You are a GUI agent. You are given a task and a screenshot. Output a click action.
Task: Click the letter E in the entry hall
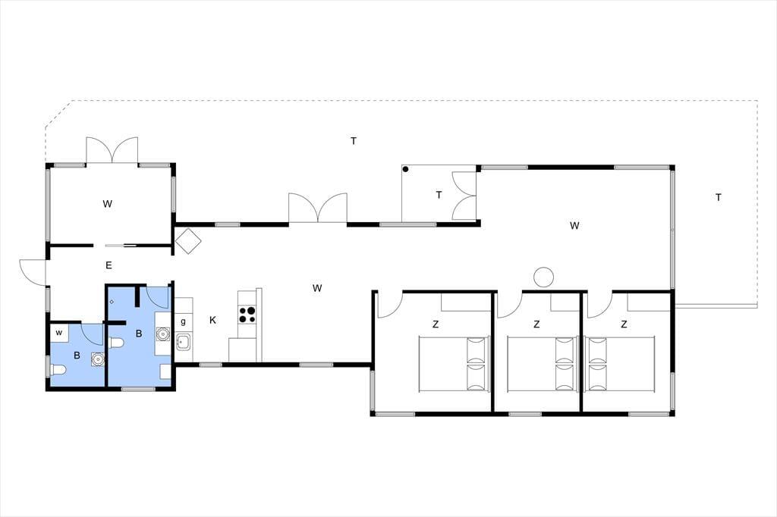[x=109, y=265]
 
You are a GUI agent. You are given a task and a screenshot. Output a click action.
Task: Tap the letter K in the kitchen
[x=212, y=321]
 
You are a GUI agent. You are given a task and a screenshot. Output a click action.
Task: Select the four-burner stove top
[x=247, y=315]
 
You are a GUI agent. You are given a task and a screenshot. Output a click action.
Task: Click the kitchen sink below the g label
[x=184, y=341]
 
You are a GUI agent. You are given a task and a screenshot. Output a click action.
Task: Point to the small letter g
[x=184, y=322]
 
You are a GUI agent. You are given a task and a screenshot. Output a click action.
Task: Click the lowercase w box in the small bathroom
[x=59, y=333]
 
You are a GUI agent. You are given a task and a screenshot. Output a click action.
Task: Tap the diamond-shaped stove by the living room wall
[x=188, y=241]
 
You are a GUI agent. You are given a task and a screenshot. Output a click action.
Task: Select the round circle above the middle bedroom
[x=543, y=277]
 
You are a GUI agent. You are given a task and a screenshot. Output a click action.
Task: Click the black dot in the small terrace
[x=405, y=169]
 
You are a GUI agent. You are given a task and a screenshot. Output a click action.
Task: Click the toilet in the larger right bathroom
[x=115, y=343]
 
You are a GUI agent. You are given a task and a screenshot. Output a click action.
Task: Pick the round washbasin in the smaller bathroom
[x=98, y=359]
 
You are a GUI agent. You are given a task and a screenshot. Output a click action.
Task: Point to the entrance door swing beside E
[x=33, y=271]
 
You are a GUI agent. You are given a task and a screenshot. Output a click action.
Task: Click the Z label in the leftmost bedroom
[x=436, y=325]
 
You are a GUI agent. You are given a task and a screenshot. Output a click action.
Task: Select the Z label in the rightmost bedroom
[x=624, y=324]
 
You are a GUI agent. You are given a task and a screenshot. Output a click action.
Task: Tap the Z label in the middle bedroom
[x=536, y=325]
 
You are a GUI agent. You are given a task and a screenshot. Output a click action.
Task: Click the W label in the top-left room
[x=108, y=204]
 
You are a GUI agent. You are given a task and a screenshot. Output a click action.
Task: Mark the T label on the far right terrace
[x=719, y=198]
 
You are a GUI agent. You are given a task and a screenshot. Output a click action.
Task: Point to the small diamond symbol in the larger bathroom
[x=112, y=302]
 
